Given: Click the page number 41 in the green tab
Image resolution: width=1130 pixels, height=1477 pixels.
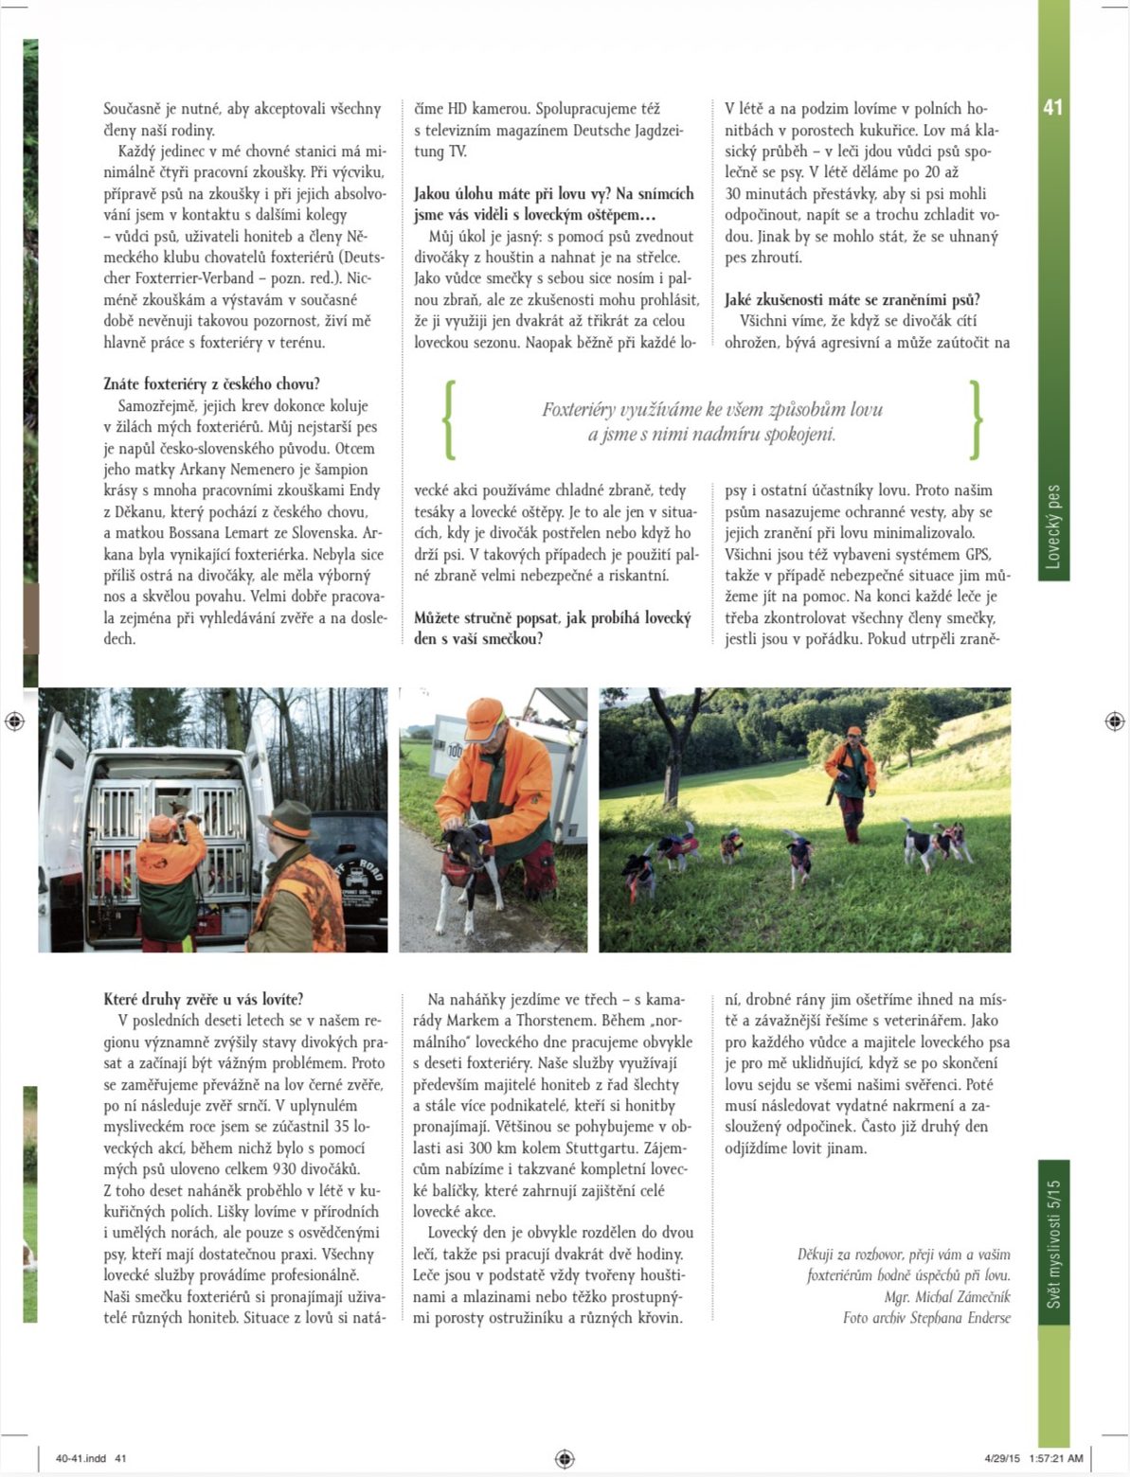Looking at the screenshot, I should [x=1052, y=107].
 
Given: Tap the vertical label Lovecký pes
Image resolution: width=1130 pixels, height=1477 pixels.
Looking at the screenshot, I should [x=1052, y=525].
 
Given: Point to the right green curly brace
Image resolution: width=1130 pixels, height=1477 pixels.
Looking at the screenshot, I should [x=976, y=420].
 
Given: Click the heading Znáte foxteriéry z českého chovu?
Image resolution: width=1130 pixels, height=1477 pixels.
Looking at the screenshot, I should [x=211, y=383].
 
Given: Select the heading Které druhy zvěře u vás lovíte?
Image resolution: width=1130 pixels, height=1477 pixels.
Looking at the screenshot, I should [x=203, y=999].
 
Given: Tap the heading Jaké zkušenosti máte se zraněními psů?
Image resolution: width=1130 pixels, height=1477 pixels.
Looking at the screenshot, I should [x=852, y=299].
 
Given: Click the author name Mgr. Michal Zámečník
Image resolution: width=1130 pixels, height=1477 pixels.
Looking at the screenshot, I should [x=947, y=1296].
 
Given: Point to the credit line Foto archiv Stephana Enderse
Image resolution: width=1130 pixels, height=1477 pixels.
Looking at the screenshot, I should [x=926, y=1317].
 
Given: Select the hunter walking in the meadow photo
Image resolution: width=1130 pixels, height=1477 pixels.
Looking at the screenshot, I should [x=852, y=781].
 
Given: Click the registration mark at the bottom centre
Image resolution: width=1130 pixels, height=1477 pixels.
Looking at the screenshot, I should [x=565, y=1457].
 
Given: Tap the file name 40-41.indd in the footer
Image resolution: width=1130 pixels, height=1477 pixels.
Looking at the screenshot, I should [x=81, y=1458].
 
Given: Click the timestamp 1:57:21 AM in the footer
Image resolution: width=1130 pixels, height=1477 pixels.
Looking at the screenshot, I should [x=1055, y=1458].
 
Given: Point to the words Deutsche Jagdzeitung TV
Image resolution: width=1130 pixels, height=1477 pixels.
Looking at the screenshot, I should [x=550, y=140].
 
